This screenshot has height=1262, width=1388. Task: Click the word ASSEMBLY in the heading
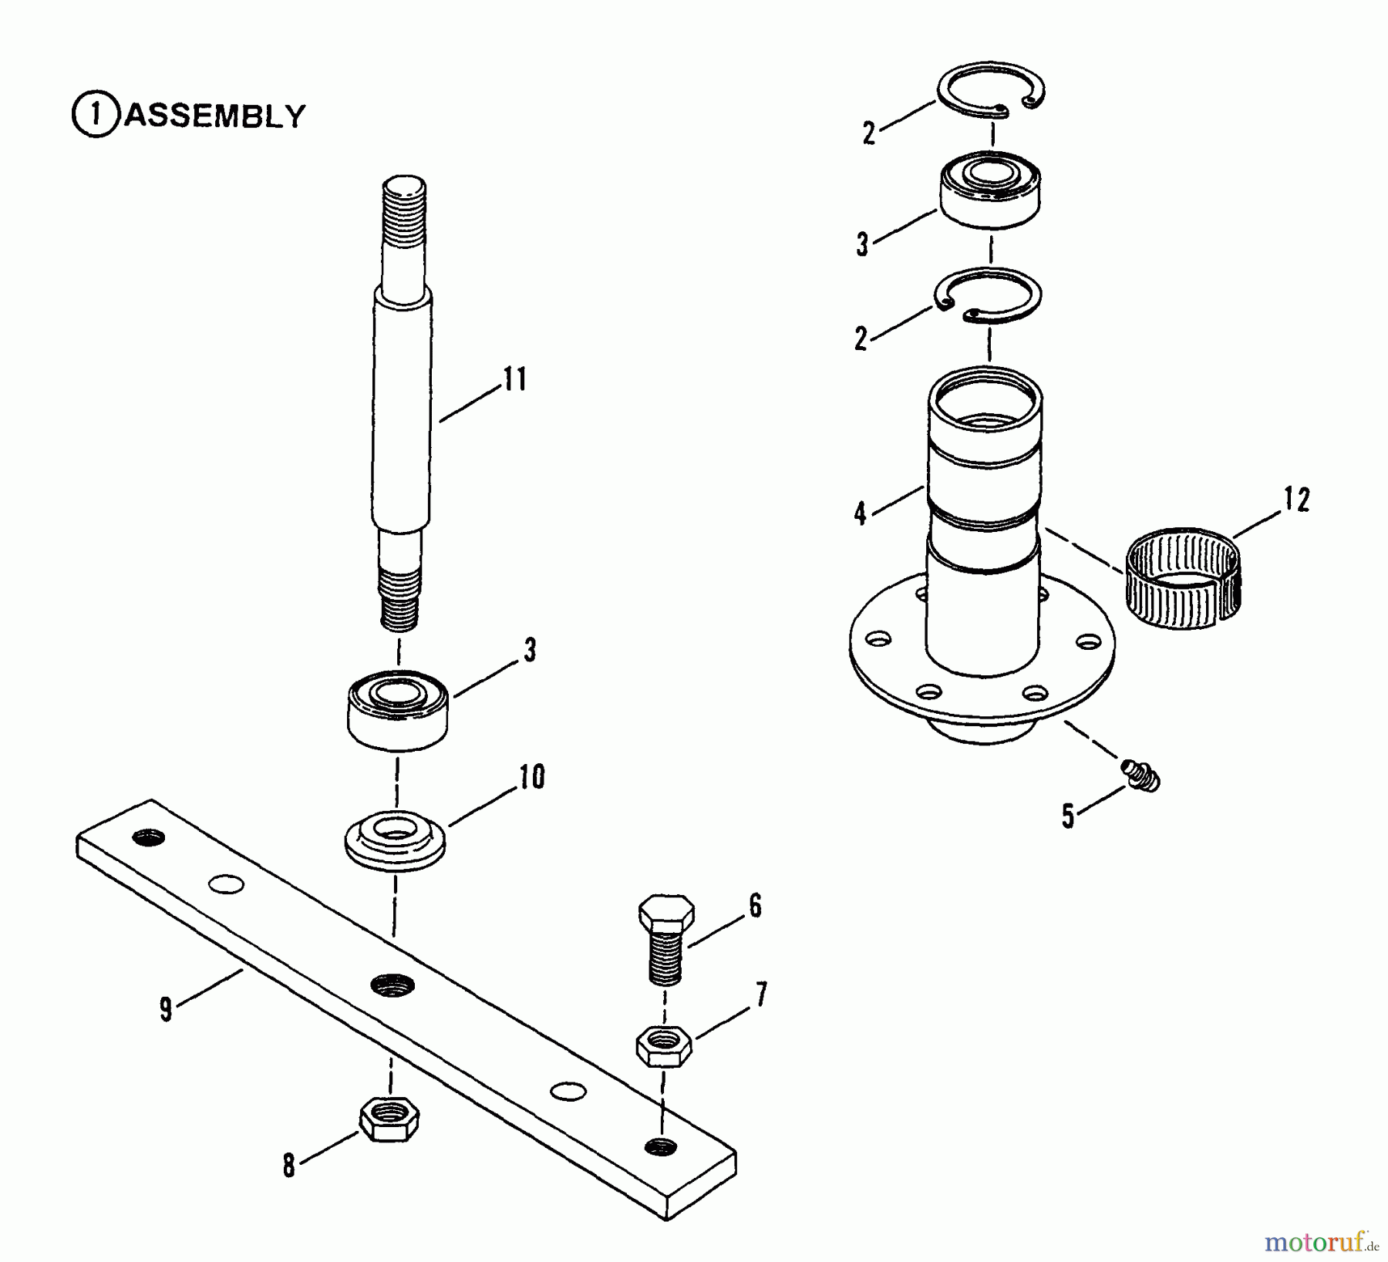(x=215, y=116)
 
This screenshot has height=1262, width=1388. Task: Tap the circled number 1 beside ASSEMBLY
(x=96, y=115)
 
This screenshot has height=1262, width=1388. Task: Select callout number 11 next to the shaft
(x=515, y=379)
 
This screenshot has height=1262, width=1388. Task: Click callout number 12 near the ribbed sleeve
(x=1296, y=500)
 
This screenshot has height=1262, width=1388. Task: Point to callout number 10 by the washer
(x=532, y=777)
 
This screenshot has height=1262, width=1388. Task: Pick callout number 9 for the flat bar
(x=166, y=1009)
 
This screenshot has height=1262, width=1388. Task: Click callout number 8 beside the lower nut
(x=288, y=1166)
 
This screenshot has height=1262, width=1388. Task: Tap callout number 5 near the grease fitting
(x=1068, y=816)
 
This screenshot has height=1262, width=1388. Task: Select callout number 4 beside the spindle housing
(x=861, y=513)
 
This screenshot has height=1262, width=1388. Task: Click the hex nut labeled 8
(x=389, y=1119)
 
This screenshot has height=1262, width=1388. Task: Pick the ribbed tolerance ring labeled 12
(x=1184, y=578)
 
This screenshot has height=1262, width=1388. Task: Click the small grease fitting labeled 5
(x=1141, y=776)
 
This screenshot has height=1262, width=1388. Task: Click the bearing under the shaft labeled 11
(x=398, y=709)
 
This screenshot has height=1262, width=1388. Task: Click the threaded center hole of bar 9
(x=392, y=984)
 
